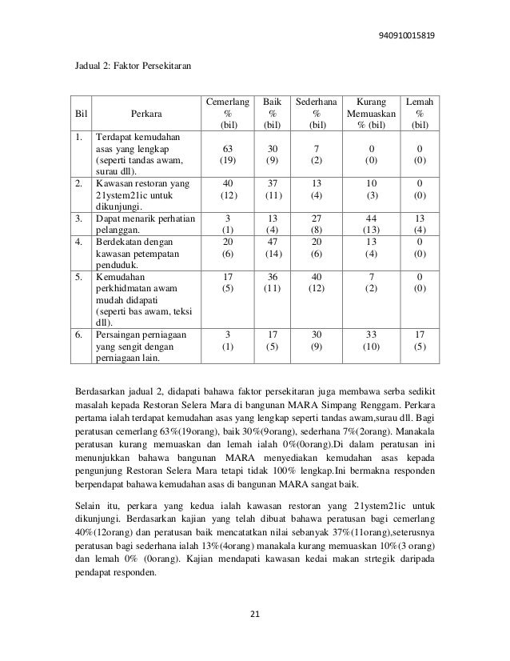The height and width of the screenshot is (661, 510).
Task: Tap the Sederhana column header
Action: [x=318, y=114]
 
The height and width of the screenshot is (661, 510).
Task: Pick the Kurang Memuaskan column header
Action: [x=371, y=114]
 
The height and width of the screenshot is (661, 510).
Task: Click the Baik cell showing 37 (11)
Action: [x=272, y=188]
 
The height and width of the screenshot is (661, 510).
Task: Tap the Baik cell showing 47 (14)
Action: [x=272, y=250]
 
